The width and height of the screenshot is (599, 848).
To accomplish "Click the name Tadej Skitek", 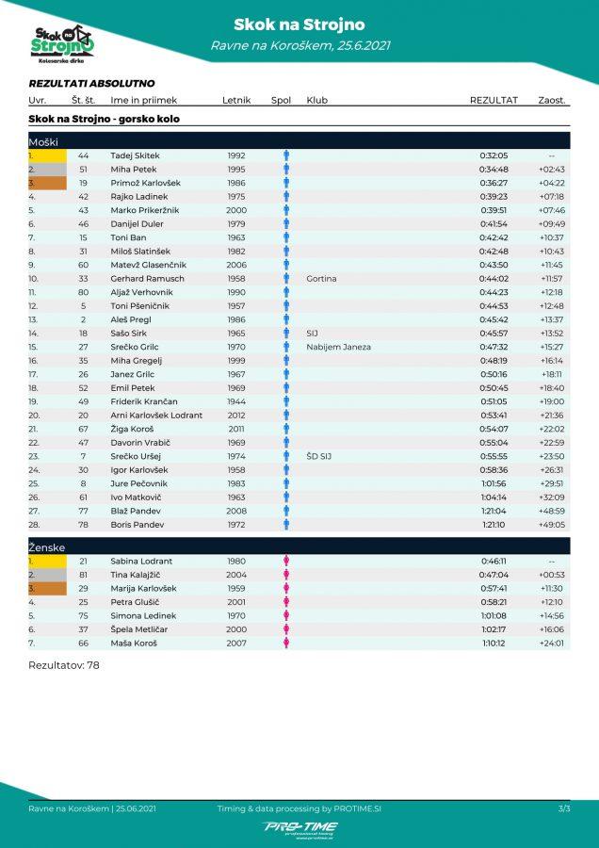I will pos(135,155).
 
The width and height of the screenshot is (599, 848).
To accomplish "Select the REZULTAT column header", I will pos(494,100).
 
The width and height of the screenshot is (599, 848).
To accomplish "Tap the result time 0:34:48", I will pos(494,170).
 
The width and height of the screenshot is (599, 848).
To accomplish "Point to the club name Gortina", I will pos(321,279).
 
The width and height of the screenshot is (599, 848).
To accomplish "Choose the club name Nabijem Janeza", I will pos(338,347).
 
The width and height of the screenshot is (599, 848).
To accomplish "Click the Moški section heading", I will pos(43,141).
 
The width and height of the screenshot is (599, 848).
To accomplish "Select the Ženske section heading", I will pos(47,546).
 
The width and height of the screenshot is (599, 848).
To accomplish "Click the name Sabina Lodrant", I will pos(141,561).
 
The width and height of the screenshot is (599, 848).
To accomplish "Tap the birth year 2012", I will pos(235,416).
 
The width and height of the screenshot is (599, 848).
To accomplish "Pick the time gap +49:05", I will pos(551,525).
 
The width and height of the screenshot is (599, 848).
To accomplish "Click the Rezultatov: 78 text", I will pos(64,665).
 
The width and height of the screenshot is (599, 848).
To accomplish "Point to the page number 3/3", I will pos(564,808).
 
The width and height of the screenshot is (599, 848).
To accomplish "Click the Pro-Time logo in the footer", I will pos(299,827).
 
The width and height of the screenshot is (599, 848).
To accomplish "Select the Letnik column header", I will pos(235,100).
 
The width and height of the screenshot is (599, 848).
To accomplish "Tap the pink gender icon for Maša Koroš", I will pos(286,643).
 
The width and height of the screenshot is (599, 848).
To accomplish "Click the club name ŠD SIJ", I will pos(319,456).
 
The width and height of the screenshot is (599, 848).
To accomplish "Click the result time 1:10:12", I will pos(494,643).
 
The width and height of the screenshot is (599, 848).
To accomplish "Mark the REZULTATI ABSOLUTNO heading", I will pos(91,84).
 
